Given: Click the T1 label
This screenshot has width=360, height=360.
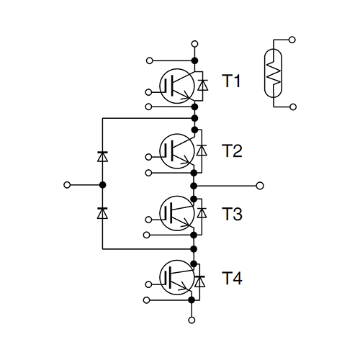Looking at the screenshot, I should point(231,81).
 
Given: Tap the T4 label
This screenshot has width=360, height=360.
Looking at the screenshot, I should point(231,277).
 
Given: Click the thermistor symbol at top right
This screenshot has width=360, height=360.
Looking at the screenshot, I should point(274,72).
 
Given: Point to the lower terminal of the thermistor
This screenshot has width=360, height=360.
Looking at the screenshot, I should point(292,107).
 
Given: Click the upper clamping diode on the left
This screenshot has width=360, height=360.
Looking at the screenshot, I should point(102,155).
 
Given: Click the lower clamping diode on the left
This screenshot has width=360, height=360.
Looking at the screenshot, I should point(102,212).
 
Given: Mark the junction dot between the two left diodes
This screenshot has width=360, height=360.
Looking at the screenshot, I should point(102,185).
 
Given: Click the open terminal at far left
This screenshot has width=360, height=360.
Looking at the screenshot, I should point(67,185).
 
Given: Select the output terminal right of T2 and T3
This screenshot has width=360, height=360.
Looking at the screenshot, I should point(261,185).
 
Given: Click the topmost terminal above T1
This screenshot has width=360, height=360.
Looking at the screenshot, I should point(193,45).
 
